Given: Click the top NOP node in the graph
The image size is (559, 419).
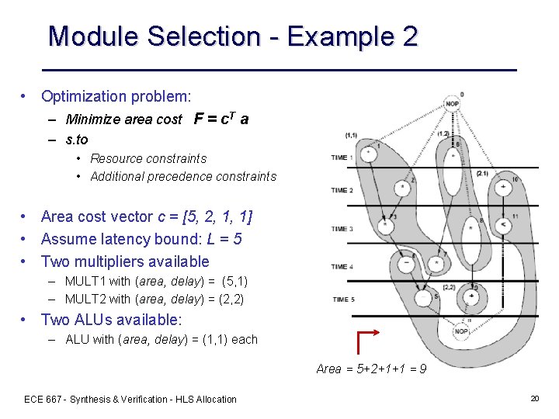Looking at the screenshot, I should point(452,104).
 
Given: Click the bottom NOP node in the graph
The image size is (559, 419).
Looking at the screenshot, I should point(461,331).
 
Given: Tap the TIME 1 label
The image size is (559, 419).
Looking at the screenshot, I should point(342,158).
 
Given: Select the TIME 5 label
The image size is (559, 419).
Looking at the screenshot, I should point(342,299).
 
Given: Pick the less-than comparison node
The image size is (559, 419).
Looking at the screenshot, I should point(503,225).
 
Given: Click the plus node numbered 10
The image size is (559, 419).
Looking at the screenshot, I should point(503,187).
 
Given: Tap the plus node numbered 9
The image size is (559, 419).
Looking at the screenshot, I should point(471,296).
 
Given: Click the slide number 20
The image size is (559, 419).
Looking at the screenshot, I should point(534,398).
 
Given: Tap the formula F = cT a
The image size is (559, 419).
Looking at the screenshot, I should point(221,119).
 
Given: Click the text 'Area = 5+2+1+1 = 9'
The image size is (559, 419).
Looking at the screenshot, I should point(371,369).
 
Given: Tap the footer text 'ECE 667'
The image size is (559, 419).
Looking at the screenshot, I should point(44,399).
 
